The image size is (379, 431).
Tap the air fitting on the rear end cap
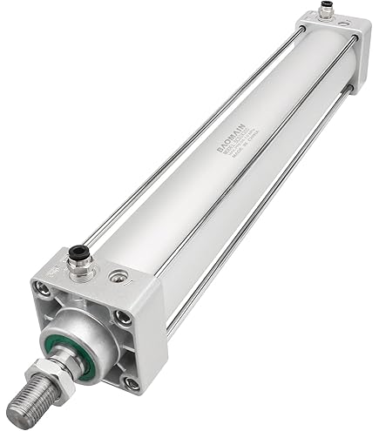point(325,10)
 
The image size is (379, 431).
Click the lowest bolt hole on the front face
point(131,381)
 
